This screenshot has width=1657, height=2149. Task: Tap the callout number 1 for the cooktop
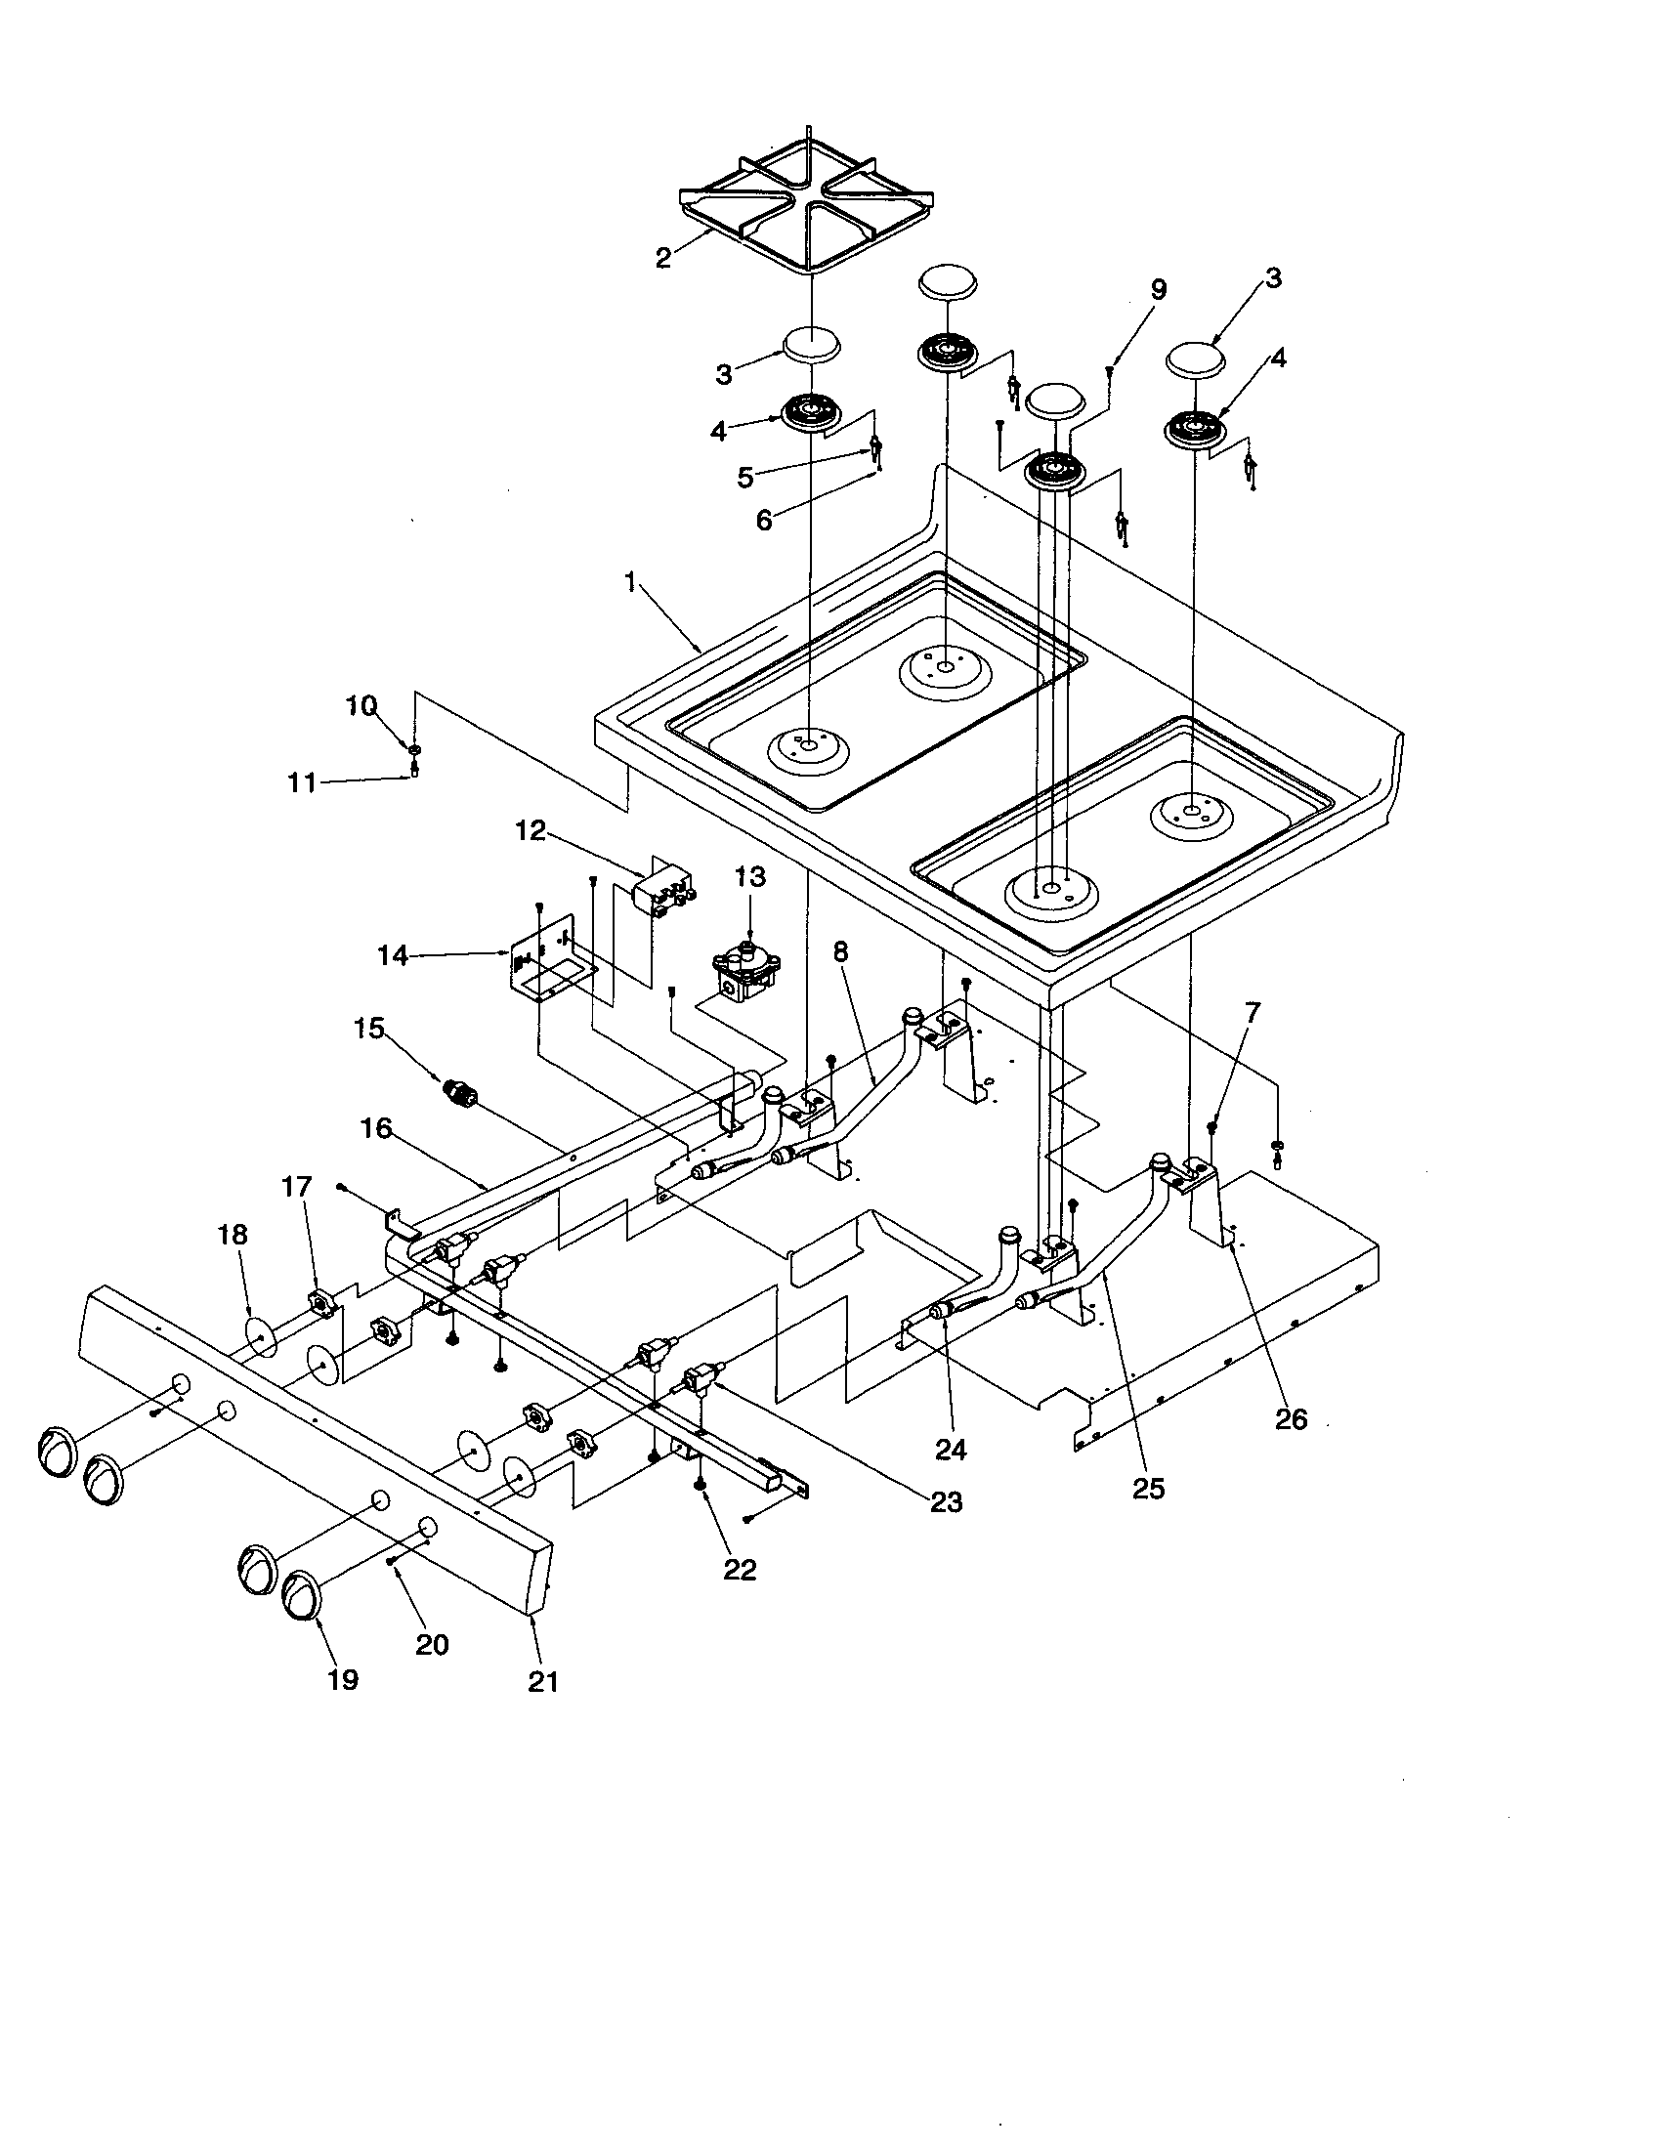(631, 582)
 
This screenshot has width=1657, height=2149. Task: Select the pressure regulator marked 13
(749, 972)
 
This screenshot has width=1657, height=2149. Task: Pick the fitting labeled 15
(460, 1092)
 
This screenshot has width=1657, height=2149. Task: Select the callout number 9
(1158, 289)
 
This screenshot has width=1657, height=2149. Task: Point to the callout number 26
(1291, 1418)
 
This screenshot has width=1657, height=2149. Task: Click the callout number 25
(1147, 1487)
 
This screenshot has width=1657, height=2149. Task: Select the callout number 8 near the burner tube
(839, 952)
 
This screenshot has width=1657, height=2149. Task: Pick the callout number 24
(951, 1449)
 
